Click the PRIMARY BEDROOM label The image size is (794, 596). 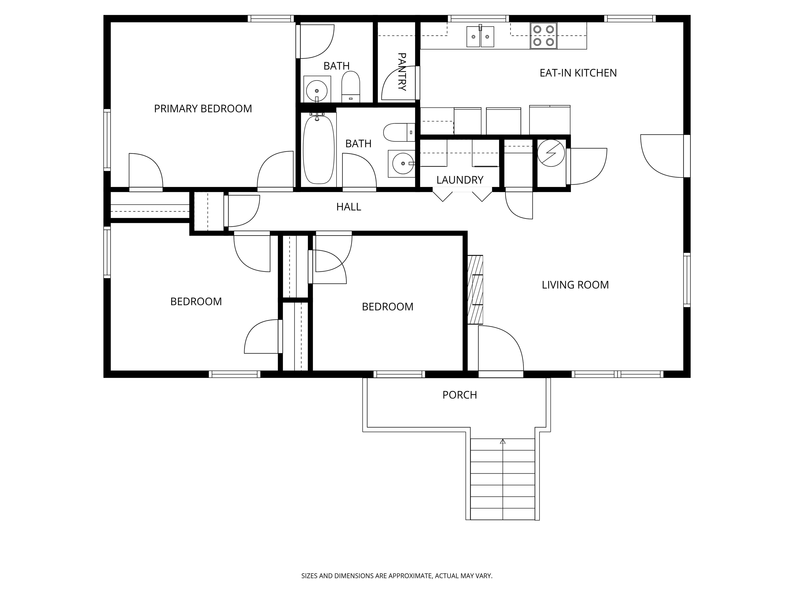point(203,108)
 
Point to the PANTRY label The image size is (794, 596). point(402,72)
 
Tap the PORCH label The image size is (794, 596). point(460,395)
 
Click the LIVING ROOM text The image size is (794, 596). point(575,285)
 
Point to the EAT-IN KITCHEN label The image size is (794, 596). point(578,73)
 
